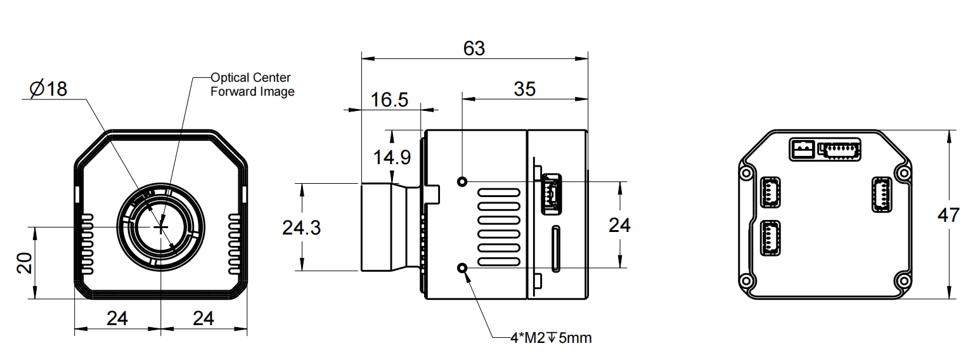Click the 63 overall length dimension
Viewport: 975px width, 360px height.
pyautogui.click(x=474, y=48)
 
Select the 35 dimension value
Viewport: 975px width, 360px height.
pyautogui.click(x=524, y=89)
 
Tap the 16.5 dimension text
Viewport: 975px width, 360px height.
pyautogui.click(x=389, y=100)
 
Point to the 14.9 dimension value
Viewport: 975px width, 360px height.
pyautogui.click(x=391, y=157)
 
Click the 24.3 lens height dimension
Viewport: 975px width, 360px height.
pyautogui.click(x=301, y=227)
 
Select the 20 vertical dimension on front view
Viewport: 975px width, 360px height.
pyautogui.click(x=24, y=262)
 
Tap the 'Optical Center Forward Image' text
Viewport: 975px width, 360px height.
pyautogui.click(x=252, y=84)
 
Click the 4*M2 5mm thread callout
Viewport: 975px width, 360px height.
pyautogui.click(x=550, y=338)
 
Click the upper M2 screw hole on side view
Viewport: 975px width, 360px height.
pyautogui.click(x=463, y=182)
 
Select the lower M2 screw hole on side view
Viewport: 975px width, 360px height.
pyautogui.click(x=463, y=269)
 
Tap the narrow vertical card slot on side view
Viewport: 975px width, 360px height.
pyautogui.click(x=555, y=248)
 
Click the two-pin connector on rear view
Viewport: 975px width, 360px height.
pyautogui.click(x=803, y=150)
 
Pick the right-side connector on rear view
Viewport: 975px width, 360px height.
pyautogui.click(x=881, y=194)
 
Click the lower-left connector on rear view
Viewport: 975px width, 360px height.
pyautogui.click(x=770, y=238)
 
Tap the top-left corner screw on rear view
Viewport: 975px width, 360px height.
pyautogui.click(x=746, y=172)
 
